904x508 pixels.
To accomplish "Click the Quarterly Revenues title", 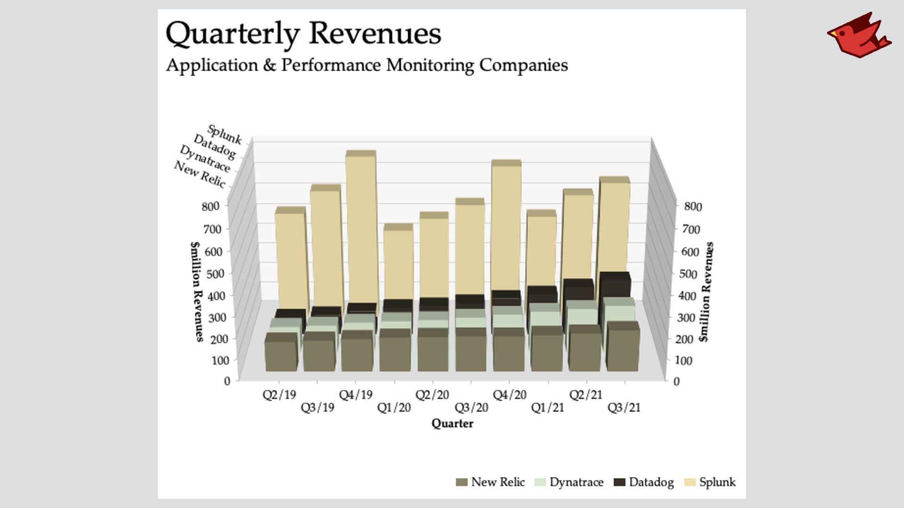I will tap(303, 34).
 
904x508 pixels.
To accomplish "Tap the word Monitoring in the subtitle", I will tap(430, 65).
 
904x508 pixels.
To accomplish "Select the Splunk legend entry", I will tap(710, 482).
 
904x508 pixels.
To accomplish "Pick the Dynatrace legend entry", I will tap(569, 482).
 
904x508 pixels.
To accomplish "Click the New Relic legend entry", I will tap(491, 482).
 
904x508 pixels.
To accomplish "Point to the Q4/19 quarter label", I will tap(355, 395).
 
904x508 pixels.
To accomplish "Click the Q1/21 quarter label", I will tap(547, 407).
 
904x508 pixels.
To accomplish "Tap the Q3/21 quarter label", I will tap(624, 407).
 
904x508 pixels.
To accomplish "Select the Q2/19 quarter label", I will tap(279, 395).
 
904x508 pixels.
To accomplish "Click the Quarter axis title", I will tap(452, 423).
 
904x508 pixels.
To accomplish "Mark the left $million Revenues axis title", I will tap(197, 292).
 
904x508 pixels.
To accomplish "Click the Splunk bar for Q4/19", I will tap(362, 226).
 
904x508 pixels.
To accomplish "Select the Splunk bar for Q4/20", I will tap(506, 226).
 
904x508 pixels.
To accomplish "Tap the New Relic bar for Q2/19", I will tap(281, 355).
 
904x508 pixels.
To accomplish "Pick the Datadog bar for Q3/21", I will tap(615, 285).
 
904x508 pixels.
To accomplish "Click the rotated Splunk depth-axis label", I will tap(225, 135).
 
